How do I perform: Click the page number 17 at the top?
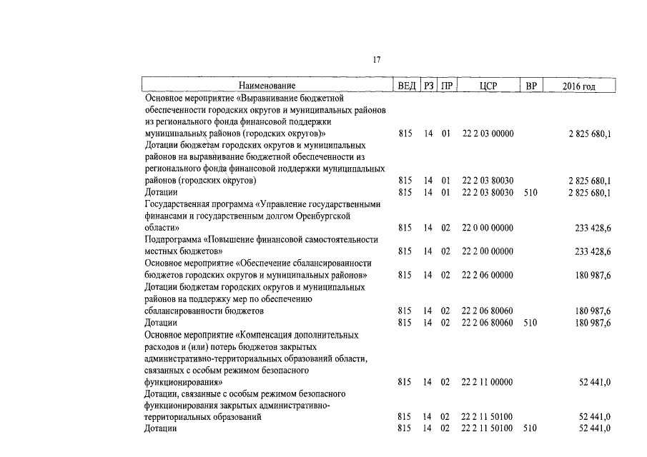point(376,59)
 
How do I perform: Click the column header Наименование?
point(267,86)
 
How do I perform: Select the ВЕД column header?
point(405,86)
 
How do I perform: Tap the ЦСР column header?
point(488,86)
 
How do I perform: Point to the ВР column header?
point(530,86)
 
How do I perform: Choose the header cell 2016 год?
point(579,86)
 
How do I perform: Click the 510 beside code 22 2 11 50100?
point(530,428)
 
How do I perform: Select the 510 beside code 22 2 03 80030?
point(530,192)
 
